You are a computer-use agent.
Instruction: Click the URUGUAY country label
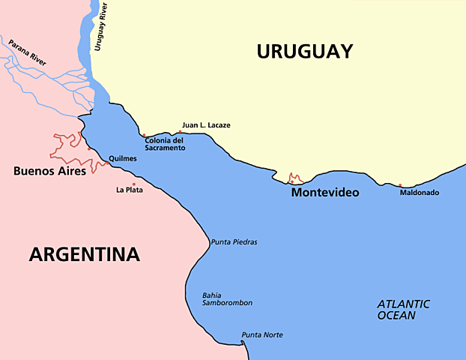[x=304, y=51]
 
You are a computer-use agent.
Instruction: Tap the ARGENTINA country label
[x=85, y=254]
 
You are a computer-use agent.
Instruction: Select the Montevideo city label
[x=324, y=193]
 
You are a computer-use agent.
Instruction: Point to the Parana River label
[x=28, y=53]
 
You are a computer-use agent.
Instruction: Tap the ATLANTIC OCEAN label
[x=403, y=310]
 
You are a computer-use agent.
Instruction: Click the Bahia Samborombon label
[x=227, y=298]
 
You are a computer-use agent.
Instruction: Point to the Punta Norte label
[x=261, y=334]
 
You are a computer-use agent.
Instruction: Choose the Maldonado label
[x=419, y=193]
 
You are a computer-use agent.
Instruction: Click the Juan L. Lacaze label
[x=206, y=125]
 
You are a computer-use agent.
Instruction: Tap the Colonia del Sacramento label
[x=165, y=144]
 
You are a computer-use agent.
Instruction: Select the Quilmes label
[x=122, y=159]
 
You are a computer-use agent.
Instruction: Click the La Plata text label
[x=129, y=190]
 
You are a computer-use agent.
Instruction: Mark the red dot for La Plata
[x=134, y=184]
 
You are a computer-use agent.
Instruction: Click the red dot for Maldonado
[x=400, y=185]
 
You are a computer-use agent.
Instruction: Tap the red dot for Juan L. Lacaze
[x=180, y=131]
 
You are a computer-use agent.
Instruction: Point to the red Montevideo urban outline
[x=295, y=178]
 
